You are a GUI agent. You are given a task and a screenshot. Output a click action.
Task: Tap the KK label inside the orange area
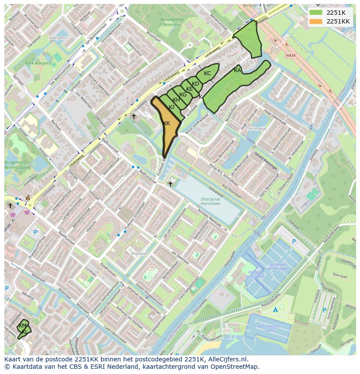pos(167,123)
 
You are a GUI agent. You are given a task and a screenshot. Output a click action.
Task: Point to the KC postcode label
pos(207,73)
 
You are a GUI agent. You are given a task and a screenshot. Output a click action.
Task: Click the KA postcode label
pos(237,70)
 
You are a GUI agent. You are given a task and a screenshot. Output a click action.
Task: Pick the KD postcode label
pos(195,84)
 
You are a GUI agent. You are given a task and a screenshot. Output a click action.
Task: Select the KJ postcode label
pos(171,107)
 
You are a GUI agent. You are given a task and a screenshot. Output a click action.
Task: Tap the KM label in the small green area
pos(23,325)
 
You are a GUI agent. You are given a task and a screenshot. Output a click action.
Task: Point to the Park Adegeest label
pos(38,63)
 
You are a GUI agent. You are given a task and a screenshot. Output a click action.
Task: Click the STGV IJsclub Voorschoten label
pos(212,201)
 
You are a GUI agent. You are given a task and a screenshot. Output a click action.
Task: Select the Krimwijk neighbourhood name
pos(257,129)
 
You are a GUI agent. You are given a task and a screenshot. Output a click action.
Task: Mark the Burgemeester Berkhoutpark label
pos(18,164)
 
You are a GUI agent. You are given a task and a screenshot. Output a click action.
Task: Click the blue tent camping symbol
pos(275,310)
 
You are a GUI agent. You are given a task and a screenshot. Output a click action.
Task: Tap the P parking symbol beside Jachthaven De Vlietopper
pos(294,242)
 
